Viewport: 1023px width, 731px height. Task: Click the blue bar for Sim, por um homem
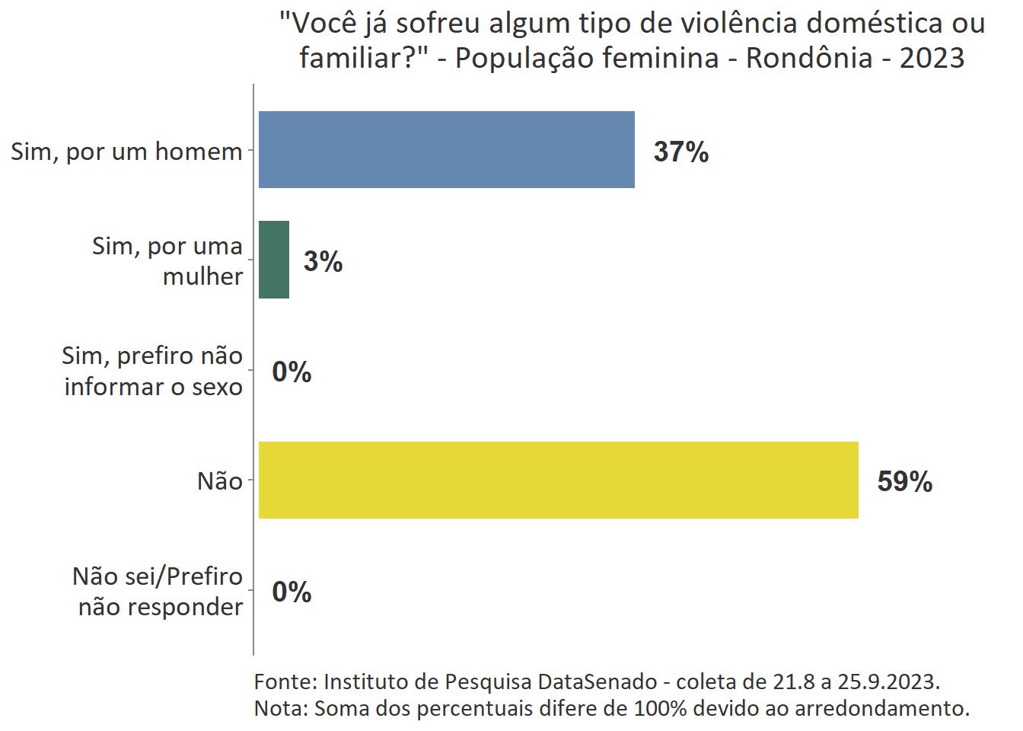(446, 149)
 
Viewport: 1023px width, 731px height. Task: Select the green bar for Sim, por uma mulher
(274, 260)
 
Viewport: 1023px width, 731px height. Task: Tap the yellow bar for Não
(558, 480)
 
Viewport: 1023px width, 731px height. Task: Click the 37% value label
(681, 152)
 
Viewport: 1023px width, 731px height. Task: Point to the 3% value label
(323, 261)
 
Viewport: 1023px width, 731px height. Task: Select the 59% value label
(904, 481)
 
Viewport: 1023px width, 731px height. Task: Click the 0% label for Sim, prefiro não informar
(292, 372)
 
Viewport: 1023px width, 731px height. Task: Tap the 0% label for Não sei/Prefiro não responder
(292, 592)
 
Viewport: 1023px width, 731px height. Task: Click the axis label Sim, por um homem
(126, 152)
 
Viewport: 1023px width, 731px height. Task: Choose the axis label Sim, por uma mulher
(167, 260)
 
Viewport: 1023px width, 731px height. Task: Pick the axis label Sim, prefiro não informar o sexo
(152, 371)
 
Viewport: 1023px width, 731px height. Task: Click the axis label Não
(219, 481)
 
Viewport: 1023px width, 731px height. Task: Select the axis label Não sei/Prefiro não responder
(158, 591)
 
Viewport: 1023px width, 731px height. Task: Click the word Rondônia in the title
(809, 58)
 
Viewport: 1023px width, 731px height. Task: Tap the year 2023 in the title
(932, 58)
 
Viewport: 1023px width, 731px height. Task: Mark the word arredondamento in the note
(881, 708)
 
